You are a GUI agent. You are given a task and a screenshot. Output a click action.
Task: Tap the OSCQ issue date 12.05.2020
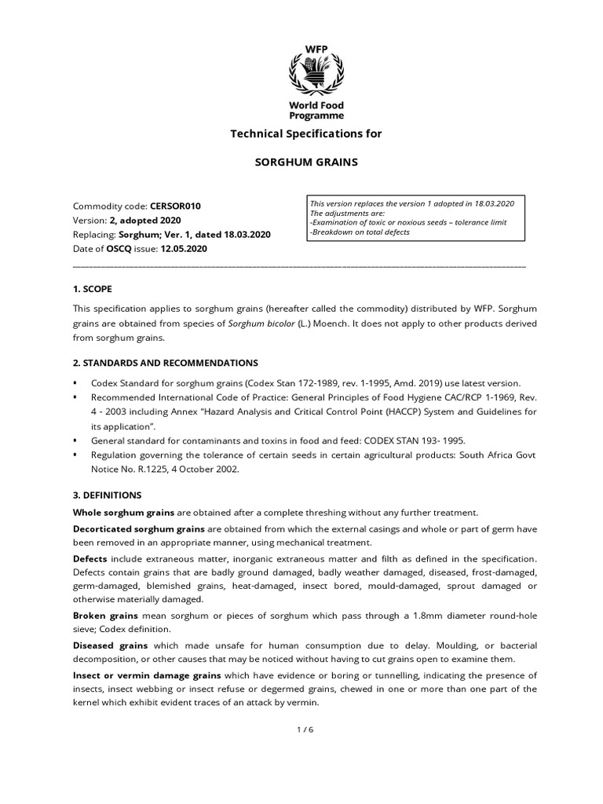pos(188,249)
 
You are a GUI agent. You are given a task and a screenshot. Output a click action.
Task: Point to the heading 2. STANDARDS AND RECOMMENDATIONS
pos(165,363)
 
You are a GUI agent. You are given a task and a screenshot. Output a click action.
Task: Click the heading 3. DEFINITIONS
pos(107,495)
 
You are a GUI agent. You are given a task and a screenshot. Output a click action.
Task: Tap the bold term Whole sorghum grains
pos(123,513)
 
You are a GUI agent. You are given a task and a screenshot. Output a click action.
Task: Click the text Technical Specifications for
pos(305,133)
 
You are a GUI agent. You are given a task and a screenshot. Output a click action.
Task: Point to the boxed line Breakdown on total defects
pos(361,232)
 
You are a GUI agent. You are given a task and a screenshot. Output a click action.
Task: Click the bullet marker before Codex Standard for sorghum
pos(75,382)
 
